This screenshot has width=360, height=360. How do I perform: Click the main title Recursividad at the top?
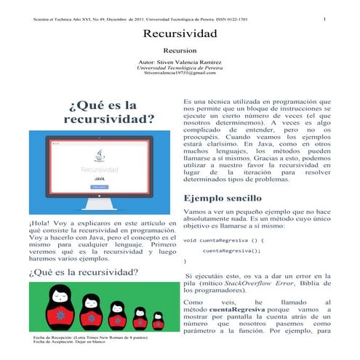(x=180, y=33)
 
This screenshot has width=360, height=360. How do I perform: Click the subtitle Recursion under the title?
(x=180, y=52)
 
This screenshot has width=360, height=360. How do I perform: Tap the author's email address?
(x=180, y=73)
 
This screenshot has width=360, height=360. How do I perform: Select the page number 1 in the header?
(x=324, y=18)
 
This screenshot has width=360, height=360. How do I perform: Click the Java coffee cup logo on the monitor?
(x=99, y=155)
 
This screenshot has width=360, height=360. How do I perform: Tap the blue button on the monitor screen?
(x=99, y=186)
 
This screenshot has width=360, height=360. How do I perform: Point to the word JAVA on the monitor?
(x=99, y=177)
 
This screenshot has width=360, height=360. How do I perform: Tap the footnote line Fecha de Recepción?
(x=87, y=338)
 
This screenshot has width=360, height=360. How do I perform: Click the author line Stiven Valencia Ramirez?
(x=180, y=63)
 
